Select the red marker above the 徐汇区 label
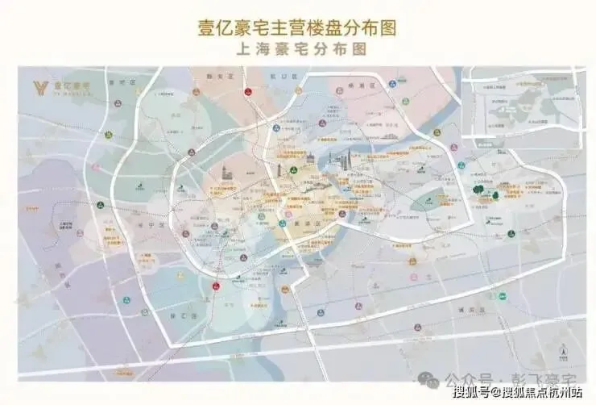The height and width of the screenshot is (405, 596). (215, 286)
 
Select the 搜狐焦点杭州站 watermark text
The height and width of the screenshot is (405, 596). (542, 393)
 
